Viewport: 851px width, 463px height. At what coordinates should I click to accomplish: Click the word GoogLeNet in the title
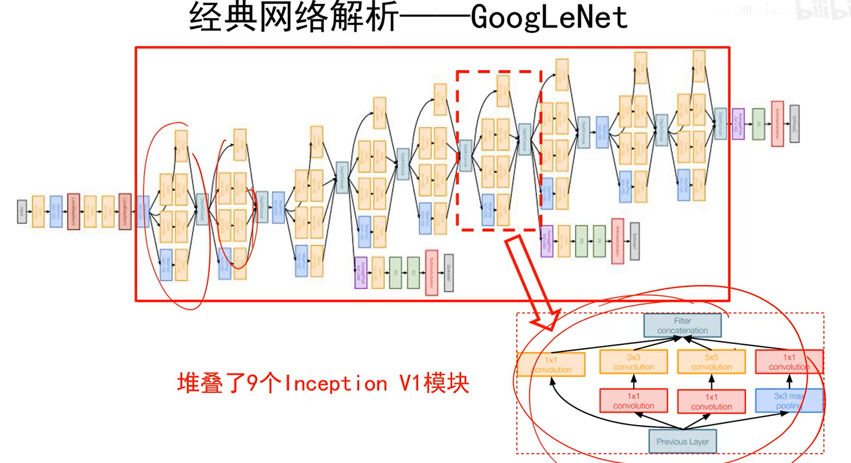point(549,17)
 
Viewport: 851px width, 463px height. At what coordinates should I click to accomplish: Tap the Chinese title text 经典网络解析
point(293,17)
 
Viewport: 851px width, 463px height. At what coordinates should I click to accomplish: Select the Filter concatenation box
point(682,325)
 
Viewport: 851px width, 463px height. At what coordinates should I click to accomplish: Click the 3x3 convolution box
point(633,362)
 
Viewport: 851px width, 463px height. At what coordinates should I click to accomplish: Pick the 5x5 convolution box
point(711,362)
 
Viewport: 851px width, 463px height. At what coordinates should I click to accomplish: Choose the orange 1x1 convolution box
point(551,364)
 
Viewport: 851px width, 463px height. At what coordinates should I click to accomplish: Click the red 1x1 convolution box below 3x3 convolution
point(633,401)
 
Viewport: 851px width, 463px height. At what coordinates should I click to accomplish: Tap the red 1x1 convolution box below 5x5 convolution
point(711,402)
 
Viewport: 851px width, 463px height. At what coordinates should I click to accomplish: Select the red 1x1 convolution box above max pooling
point(788,362)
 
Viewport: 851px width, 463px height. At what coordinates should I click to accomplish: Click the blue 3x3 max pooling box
point(788,400)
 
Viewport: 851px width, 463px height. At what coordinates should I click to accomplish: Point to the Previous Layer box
point(682,441)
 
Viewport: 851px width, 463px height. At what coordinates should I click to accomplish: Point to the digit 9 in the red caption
point(253,384)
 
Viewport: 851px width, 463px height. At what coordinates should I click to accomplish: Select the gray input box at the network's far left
point(22,211)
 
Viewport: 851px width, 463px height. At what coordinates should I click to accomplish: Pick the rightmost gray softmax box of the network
point(794,124)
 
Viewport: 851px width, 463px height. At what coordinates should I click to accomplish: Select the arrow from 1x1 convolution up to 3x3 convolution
point(634,381)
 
